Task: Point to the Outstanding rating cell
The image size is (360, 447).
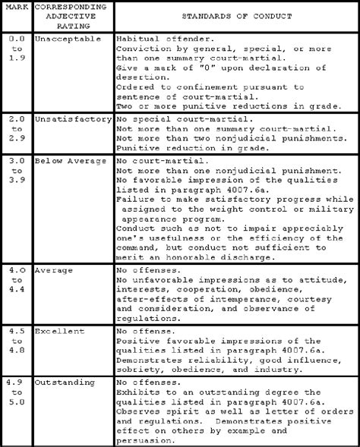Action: point(65,382)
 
